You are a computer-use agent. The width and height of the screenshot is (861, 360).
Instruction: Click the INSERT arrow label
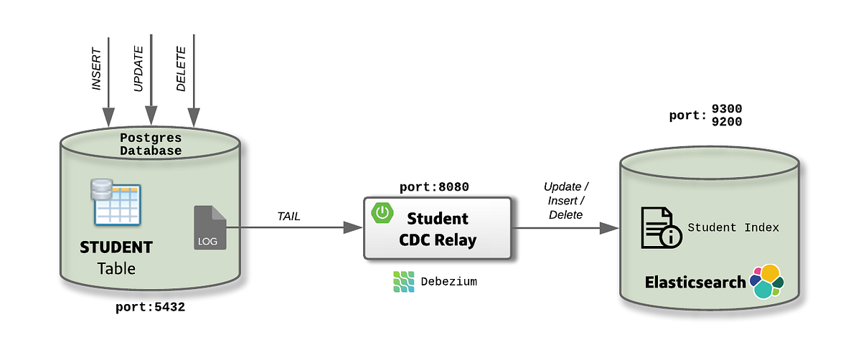tap(97, 70)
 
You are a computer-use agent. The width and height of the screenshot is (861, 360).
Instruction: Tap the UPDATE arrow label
tap(139, 70)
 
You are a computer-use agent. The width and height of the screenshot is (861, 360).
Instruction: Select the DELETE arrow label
tap(181, 70)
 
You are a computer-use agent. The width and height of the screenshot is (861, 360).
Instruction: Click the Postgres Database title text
tap(151, 144)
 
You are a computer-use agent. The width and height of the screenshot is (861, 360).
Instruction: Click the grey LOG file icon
tap(210, 228)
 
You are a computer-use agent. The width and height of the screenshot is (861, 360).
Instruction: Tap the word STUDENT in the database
tap(116, 247)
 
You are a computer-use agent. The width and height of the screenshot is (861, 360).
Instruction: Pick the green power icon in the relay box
tap(382, 212)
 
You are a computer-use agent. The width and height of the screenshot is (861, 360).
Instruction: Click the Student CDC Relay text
tap(438, 229)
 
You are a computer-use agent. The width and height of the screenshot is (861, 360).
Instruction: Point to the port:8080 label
tap(434, 187)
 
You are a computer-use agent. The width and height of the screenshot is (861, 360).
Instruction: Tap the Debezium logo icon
tap(404, 282)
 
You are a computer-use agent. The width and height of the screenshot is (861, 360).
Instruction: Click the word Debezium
tap(449, 282)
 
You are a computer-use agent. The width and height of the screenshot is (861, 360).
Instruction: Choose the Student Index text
tap(733, 227)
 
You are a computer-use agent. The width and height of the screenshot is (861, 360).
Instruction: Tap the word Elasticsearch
tap(695, 282)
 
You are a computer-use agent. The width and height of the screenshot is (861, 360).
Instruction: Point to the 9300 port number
tap(727, 109)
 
